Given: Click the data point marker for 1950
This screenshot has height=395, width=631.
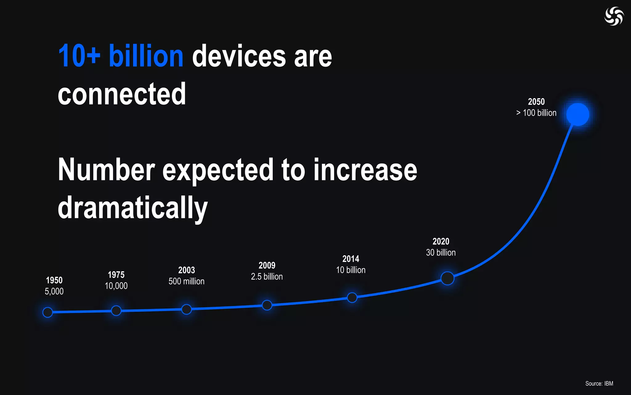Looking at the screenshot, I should (x=48, y=312).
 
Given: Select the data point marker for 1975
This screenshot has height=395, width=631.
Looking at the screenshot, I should (x=116, y=310).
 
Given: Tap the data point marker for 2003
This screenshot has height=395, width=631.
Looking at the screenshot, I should (x=186, y=309).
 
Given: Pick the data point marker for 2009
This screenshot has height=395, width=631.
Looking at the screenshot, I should (x=267, y=305).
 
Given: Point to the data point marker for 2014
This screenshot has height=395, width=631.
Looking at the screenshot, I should (x=352, y=297).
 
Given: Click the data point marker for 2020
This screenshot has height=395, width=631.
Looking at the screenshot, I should (x=447, y=278).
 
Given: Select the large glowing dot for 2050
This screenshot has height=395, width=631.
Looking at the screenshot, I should (x=578, y=114).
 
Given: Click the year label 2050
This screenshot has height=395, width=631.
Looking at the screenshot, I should (x=536, y=102).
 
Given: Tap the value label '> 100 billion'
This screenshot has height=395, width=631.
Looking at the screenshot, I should (x=536, y=113).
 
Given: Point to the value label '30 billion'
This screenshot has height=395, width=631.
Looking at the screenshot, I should (x=441, y=252).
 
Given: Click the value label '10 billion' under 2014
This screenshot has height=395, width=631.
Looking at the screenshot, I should (x=351, y=270).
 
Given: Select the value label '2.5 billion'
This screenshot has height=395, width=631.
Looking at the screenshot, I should (x=267, y=276).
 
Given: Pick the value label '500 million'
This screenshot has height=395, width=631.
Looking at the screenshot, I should (x=186, y=281).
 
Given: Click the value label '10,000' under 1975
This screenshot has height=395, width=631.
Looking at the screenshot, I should (x=116, y=286).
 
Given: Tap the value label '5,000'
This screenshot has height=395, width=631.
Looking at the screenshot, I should (x=54, y=291).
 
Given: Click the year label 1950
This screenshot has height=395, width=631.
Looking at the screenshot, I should (x=54, y=280).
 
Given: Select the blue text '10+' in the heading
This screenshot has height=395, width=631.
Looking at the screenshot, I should (x=79, y=56).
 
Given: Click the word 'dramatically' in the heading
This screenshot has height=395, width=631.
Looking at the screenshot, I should (x=133, y=208).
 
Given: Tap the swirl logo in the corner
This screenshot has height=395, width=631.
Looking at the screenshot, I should (x=614, y=16).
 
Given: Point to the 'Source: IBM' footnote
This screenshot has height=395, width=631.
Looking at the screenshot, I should (x=599, y=384).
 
